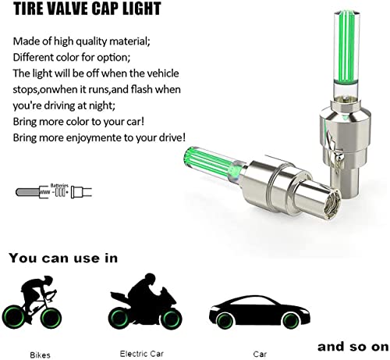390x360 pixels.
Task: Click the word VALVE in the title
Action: (x=65, y=9)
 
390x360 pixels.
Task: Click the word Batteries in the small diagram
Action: (x=59, y=186)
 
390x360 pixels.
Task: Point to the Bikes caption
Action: (x=40, y=355)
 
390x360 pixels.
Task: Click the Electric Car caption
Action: (x=142, y=354)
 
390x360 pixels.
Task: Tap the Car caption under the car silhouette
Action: (x=260, y=354)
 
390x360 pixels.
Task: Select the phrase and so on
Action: (x=353, y=347)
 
